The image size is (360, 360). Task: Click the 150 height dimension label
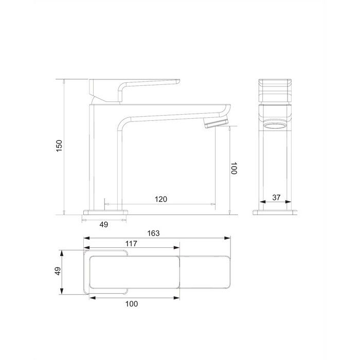pyautogui.click(x=59, y=146)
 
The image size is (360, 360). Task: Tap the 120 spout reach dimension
pyautogui.click(x=160, y=199)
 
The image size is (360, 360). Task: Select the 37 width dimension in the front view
pyautogui.click(x=276, y=197)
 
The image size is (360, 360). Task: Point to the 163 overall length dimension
pyautogui.click(x=153, y=233)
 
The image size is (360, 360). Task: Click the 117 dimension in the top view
pyautogui.click(x=131, y=243)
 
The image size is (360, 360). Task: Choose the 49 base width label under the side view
pyautogui.click(x=104, y=224)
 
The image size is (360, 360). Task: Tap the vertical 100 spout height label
pyautogui.click(x=233, y=168)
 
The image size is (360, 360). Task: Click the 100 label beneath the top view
pyautogui.click(x=132, y=304)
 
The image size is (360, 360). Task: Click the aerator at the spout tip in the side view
pyautogui.click(x=217, y=122)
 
